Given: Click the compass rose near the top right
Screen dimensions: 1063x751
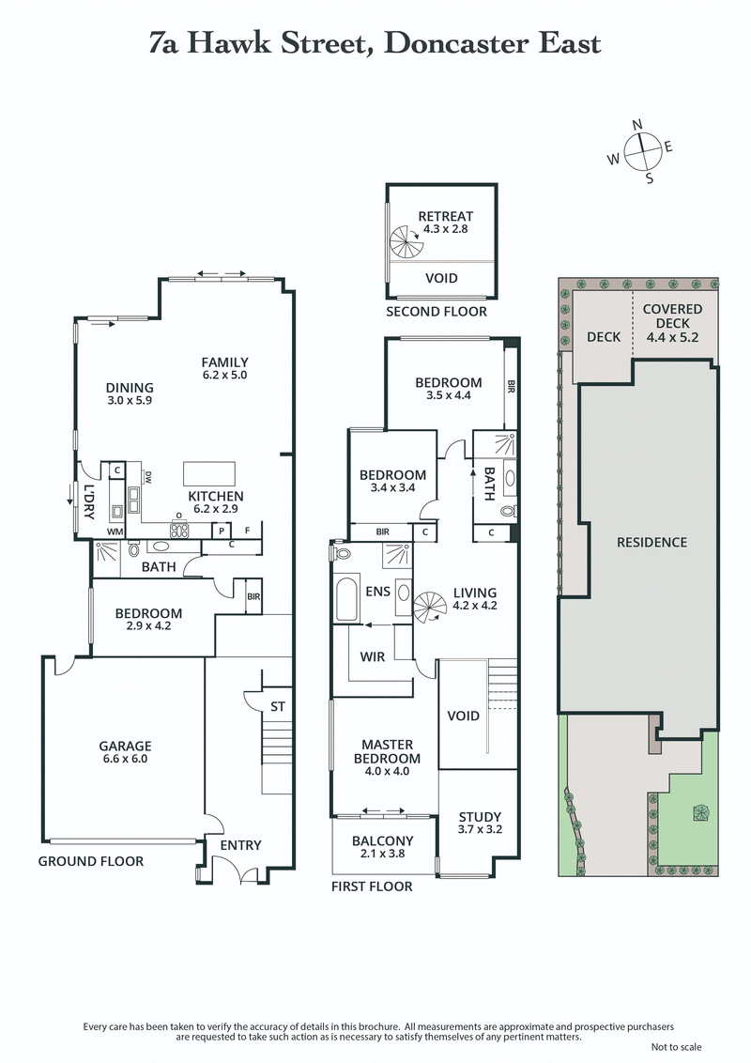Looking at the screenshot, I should [x=641, y=150].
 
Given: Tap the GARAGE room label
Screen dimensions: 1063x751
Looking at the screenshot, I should [x=125, y=747].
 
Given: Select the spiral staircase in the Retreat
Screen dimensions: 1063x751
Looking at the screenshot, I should [x=407, y=245].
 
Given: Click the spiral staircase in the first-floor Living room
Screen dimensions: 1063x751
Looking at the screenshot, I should [x=431, y=606].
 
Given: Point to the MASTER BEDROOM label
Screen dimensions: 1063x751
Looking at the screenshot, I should [x=386, y=751].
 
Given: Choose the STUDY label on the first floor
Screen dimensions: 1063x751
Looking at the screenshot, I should [x=479, y=817].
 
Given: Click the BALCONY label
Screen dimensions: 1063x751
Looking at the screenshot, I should [x=382, y=840].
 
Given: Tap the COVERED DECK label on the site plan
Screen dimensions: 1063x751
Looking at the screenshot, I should [x=672, y=316].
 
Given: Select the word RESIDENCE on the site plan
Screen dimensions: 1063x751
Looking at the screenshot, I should [x=651, y=543].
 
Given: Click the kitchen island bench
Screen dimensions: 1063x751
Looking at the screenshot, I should [x=207, y=471].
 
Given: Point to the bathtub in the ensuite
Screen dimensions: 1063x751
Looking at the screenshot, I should [x=346, y=599].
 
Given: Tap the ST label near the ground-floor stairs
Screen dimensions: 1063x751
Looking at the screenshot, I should [x=277, y=705].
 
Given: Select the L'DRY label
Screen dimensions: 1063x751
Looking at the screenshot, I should [x=90, y=494].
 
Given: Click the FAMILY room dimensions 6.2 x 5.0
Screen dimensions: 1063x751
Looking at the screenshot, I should [x=224, y=376].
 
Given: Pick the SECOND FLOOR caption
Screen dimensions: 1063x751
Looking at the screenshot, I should [x=437, y=312].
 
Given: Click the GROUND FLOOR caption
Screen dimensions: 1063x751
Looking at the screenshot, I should [x=91, y=861].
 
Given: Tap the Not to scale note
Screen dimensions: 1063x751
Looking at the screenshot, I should [x=675, y=1047].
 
